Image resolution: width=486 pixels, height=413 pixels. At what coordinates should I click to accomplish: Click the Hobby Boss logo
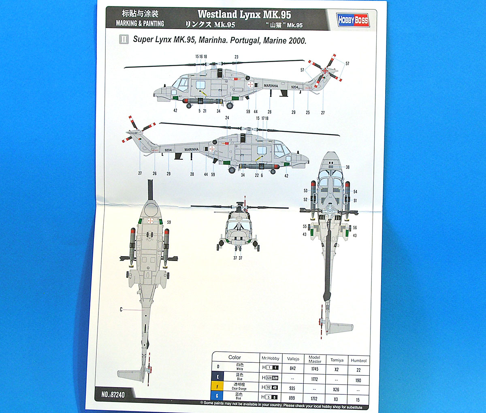click(353, 19)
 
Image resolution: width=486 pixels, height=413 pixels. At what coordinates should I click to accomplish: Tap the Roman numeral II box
click(124, 39)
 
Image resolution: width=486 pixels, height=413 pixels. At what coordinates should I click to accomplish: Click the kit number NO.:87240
click(113, 394)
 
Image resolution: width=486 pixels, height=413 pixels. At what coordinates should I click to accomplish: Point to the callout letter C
click(121, 310)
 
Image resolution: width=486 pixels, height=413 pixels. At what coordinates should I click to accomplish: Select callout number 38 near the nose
click(347, 167)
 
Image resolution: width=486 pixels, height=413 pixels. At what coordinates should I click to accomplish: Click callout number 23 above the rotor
click(237, 57)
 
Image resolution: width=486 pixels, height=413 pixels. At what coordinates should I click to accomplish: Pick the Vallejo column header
click(293, 359)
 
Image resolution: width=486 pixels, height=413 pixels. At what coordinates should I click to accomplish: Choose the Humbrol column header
click(358, 360)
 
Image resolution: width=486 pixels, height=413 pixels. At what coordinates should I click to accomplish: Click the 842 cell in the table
click(293, 368)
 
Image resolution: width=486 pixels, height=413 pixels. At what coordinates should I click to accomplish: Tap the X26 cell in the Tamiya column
click(336, 389)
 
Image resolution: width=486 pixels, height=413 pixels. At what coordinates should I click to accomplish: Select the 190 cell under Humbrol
click(358, 380)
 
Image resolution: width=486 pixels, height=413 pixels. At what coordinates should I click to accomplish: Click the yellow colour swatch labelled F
click(217, 387)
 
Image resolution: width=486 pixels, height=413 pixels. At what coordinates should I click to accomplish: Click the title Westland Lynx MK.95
click(244, 15)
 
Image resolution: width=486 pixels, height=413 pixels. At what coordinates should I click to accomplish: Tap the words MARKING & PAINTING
click(140, 24)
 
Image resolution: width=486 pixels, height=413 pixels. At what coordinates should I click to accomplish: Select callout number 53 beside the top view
click(305, 190)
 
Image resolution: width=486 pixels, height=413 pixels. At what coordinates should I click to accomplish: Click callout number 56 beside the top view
click(355, 228)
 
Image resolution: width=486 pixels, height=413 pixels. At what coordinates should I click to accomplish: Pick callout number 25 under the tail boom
click(308, 113)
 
